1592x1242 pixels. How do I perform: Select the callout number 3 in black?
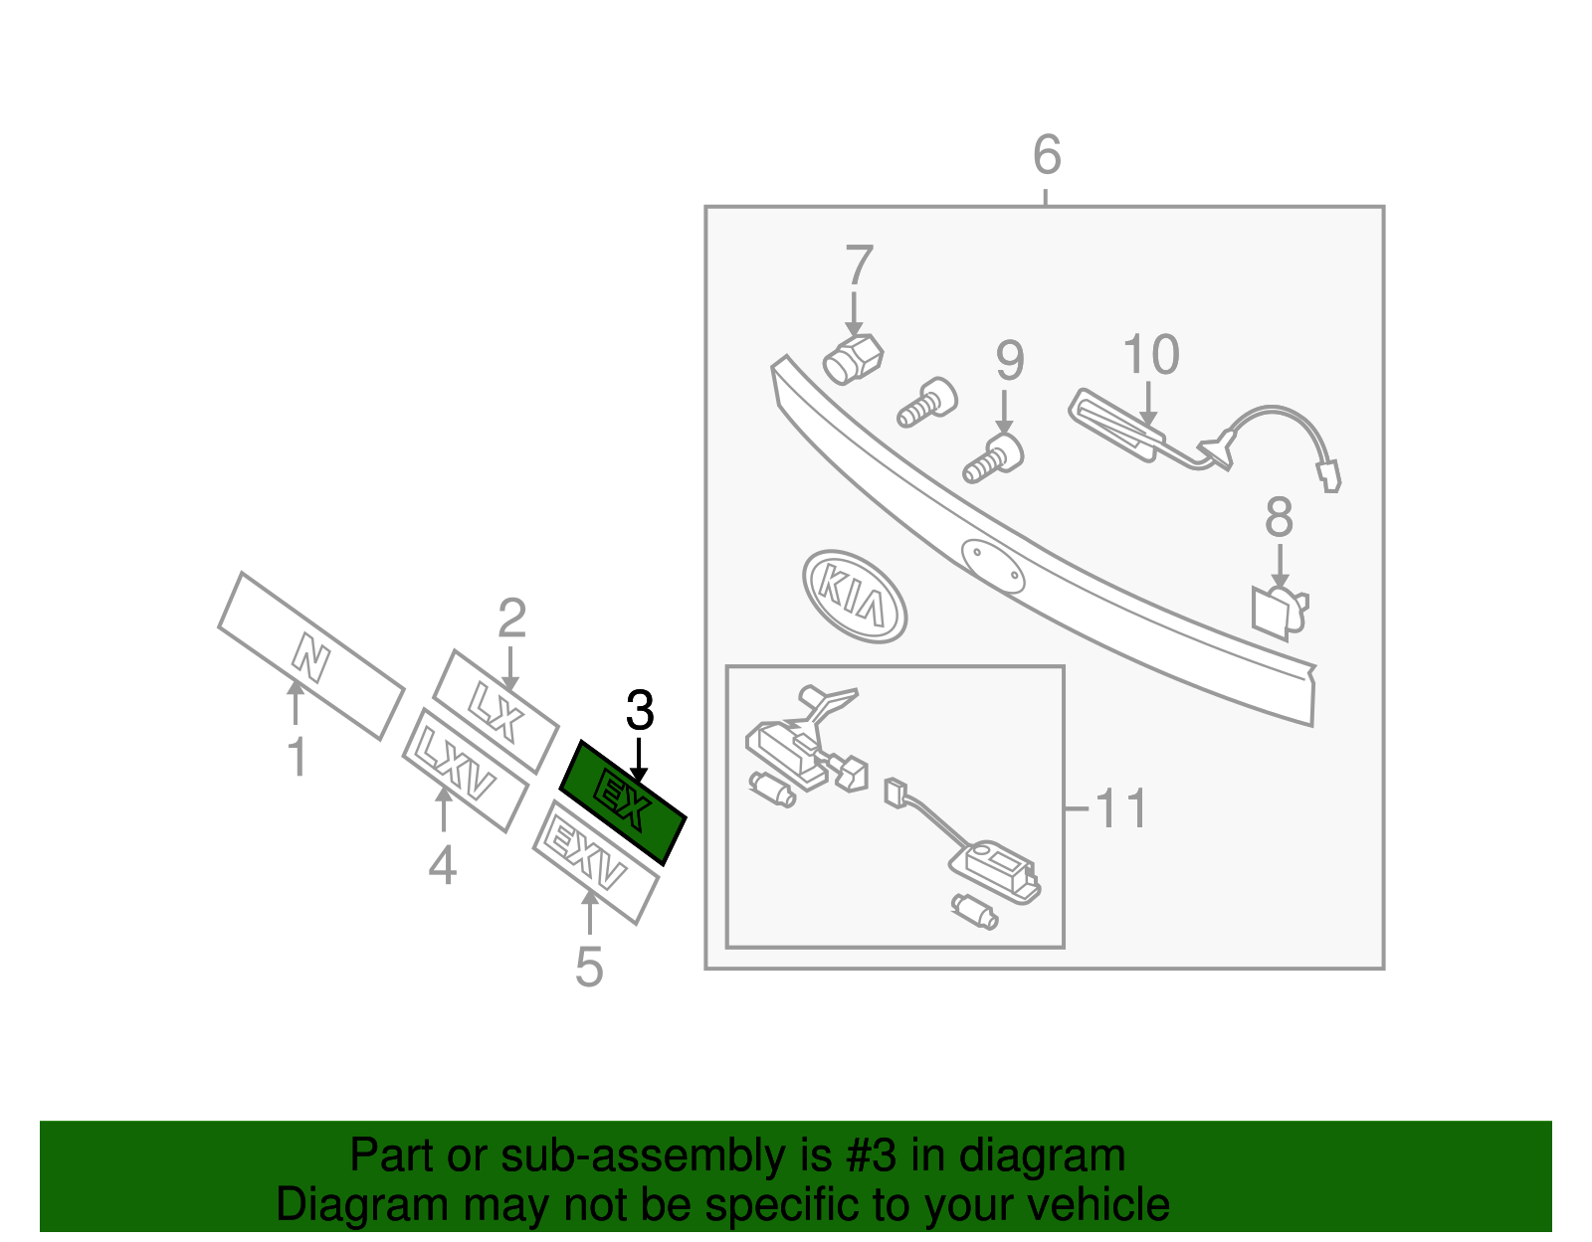coord(640,711)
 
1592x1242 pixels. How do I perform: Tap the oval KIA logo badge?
coord(854,596)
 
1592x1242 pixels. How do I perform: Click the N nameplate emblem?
coord(310,656)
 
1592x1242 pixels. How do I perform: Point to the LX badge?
coord(496,711)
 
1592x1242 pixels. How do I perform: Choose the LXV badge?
coord(465,770)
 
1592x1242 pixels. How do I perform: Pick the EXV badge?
coord(595,863)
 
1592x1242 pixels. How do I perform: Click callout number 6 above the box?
coord(1047,155)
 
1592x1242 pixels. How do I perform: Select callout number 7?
coord(859,266)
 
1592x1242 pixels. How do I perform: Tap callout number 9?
coord(1009,361)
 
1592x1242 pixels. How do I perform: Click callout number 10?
coord(1151,355)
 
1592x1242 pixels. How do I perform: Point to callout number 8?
coord(1279,518)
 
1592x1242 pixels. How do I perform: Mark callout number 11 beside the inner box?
coord(1122,808)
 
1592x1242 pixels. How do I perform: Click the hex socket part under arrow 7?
coord(854,359)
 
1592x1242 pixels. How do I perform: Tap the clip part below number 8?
coord(1279,611)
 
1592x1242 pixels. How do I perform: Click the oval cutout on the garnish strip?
coord(993,567)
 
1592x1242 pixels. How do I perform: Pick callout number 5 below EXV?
coord(589,967)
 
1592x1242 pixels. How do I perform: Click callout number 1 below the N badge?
coord(297,758)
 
